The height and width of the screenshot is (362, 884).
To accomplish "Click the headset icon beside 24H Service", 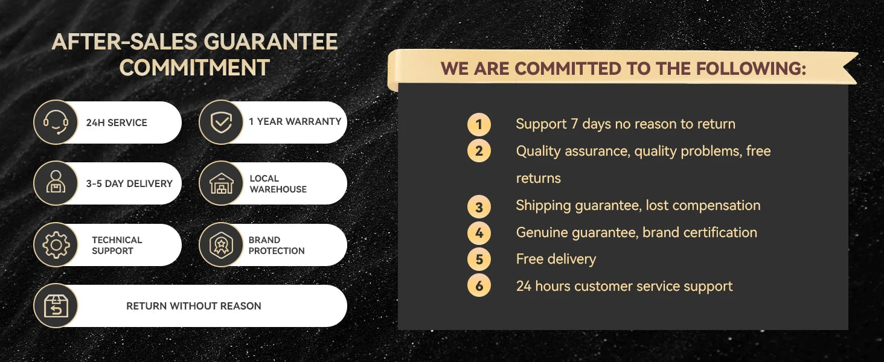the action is (56, 122).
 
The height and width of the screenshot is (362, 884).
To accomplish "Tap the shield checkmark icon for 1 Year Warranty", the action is (221, 122).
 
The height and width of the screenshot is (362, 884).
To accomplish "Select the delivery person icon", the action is (56, 182).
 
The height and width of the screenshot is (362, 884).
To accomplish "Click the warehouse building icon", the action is (221, 183).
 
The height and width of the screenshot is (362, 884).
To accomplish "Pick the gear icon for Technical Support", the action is (56, 245).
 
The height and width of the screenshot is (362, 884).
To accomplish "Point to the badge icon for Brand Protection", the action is (221, 245).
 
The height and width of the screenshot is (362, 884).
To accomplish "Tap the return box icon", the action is (56, 306).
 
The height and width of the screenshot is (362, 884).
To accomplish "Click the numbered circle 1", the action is (479, 124).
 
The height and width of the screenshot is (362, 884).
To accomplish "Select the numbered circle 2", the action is (479, 151).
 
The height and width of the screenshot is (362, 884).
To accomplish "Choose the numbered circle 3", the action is (479, 206).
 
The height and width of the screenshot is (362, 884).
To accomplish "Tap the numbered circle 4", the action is (479, 233).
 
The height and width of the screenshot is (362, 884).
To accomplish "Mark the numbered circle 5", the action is (479, 259).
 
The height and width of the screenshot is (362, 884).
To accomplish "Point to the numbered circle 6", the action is (479, 285).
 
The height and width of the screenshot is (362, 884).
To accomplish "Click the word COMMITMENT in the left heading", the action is (194, 68).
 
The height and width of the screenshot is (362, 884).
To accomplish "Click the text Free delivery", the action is (556, 259).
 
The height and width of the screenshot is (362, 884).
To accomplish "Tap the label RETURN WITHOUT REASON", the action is (193, 306).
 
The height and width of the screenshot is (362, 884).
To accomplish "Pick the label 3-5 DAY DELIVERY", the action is (129, 184).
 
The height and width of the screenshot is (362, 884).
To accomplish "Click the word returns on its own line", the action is (538, 178).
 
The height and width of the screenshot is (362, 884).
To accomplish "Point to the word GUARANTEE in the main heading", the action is (271, 42).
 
